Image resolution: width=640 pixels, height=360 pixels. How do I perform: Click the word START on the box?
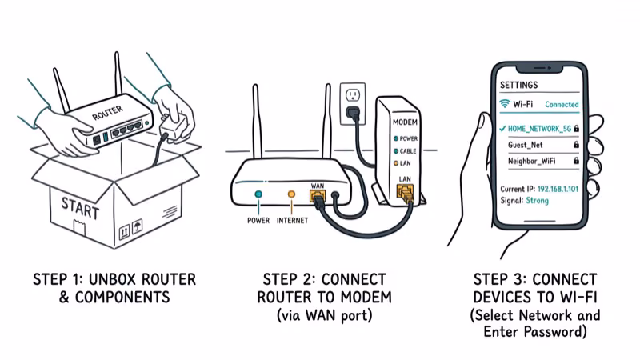coord(80,205)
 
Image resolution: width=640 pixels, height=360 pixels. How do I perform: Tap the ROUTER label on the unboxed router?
coord(108,114)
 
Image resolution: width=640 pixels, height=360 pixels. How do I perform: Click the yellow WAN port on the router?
coord(316,194)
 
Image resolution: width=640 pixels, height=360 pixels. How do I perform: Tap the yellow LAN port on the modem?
coord(404,191)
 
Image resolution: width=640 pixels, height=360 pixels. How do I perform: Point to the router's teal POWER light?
coord(258,194)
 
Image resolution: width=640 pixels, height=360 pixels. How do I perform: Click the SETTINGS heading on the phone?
coord(518,84)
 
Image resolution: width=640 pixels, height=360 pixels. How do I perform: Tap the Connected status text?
coord(562,105)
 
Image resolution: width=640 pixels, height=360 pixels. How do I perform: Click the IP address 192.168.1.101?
coord(558,188)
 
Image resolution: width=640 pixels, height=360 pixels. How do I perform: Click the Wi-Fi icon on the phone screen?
coord(505,104)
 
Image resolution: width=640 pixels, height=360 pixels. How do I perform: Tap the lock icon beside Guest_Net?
coord(574,145)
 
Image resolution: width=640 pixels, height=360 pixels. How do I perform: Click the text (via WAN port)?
coord(324,314)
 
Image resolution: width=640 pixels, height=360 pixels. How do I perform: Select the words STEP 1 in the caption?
coord(60,279)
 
